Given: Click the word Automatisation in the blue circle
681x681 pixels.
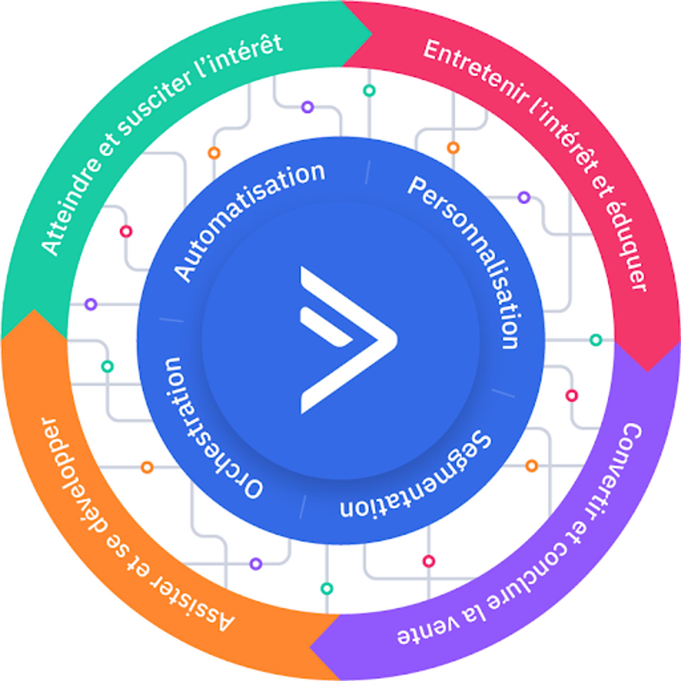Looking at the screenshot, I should click(x=245, y=216).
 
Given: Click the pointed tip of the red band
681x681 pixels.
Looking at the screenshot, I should click(x=647, y=371).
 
